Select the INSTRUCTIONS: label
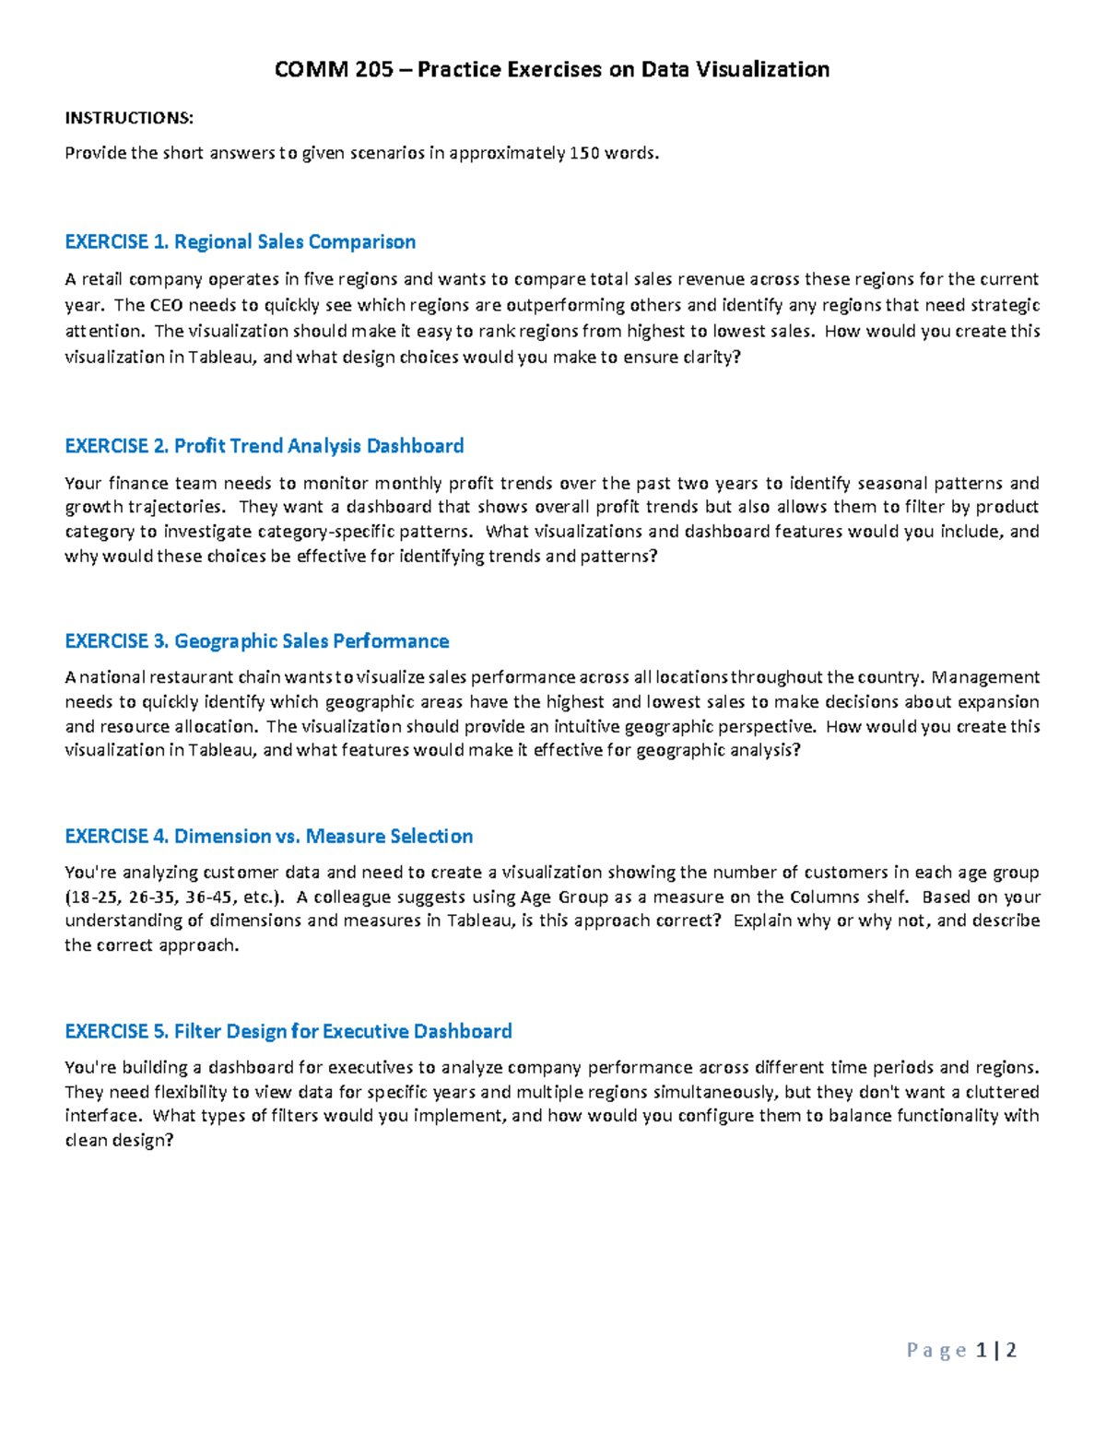click(x=129, y=118)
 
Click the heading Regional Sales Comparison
click(x=295, y=241)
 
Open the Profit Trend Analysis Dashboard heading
click(x=319, y=446)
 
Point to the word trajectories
click(x=180, y=507)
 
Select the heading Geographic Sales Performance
click(x=312, y=641)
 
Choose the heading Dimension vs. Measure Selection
click(x=324, y=837)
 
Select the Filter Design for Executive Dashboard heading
click(x=343, y=1031)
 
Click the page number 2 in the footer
click(x=1011, y=1351)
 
